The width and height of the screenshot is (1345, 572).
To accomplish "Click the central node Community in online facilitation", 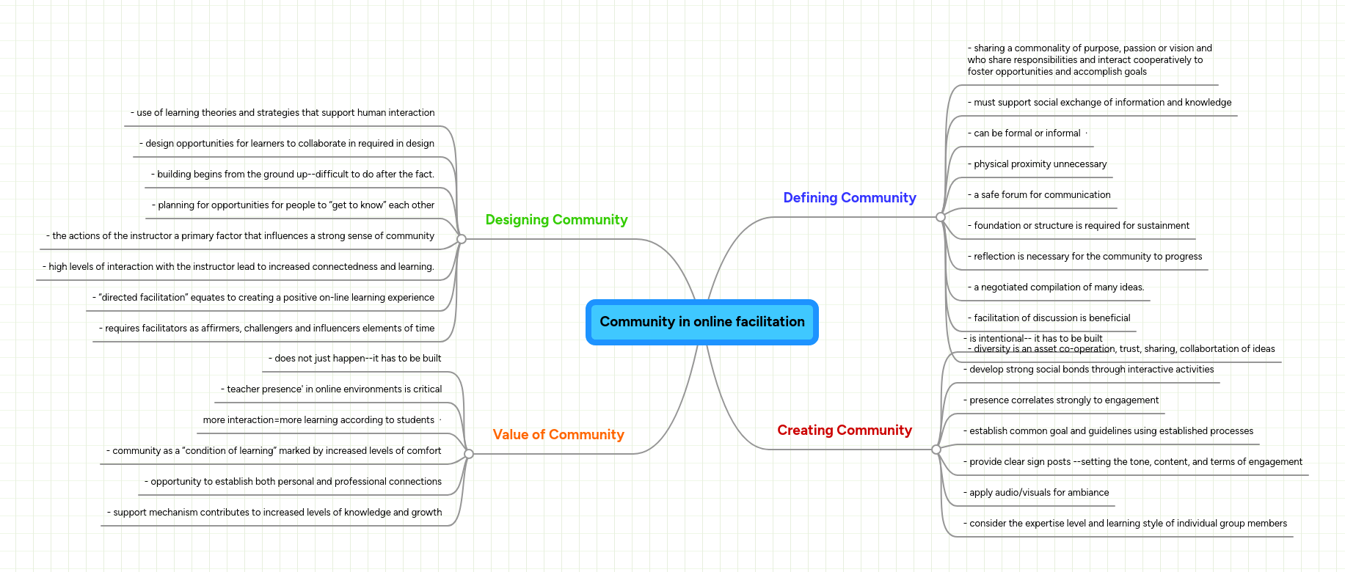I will point(701,322).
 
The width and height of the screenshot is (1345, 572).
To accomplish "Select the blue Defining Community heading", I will point(849,198).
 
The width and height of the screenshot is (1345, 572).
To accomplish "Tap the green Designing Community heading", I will point(556,220).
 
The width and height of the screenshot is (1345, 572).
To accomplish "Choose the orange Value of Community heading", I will point(558,435).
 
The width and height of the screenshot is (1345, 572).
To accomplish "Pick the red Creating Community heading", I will point(844,430).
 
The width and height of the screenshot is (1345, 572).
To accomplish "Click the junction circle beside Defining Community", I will point(941,217).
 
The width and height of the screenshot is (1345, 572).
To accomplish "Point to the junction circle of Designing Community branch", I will point(462,239).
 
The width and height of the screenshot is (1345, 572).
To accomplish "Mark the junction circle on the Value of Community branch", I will point(469,454).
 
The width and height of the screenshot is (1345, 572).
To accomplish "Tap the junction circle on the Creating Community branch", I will point(936,450).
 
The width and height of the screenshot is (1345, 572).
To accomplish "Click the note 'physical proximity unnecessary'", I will point(1039,164).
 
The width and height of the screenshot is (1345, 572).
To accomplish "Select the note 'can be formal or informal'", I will point(1026,133).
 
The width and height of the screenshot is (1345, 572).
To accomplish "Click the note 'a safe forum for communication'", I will point(1041,195).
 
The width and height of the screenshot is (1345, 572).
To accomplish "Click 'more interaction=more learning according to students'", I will point(318,420).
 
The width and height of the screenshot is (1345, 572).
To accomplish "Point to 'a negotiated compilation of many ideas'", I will point(1058,287).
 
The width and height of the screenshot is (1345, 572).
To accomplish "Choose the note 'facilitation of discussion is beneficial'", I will point(1051,318).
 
